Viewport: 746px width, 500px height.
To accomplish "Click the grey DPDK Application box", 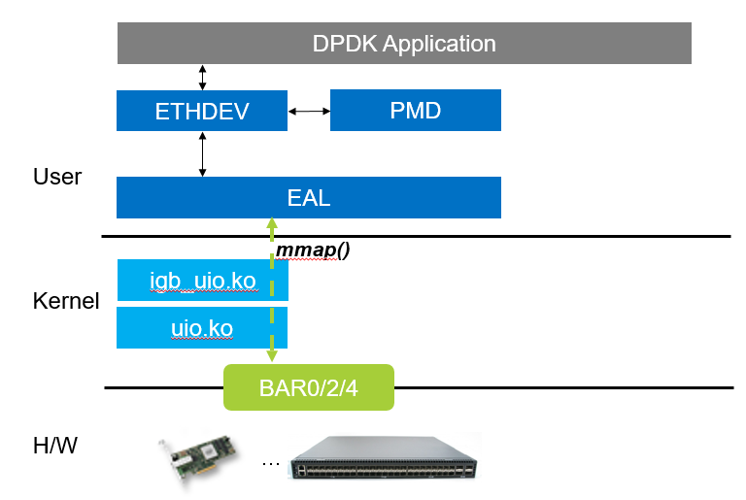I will (x=404, y=44).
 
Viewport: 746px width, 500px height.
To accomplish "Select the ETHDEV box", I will (x=202, y=111).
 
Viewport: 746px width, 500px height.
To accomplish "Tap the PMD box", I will (x=415, y=111).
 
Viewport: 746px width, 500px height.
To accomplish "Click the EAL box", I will (x=308, y=198).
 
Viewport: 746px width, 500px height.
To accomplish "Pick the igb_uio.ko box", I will (x=202, y=281).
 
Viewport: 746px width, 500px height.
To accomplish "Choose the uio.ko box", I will (x=202, y=328).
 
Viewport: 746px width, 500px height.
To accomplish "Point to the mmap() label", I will (x=313, y=250).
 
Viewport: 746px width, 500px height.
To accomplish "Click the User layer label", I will (x=57, y=177).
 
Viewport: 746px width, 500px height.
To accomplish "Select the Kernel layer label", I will (x=66, y=301).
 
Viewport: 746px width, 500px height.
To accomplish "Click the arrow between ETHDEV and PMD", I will (x=309, y=111).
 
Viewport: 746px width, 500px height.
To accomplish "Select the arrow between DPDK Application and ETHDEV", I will (x=202, y=77).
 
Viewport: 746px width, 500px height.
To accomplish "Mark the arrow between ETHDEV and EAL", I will (x=202, y=153).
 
